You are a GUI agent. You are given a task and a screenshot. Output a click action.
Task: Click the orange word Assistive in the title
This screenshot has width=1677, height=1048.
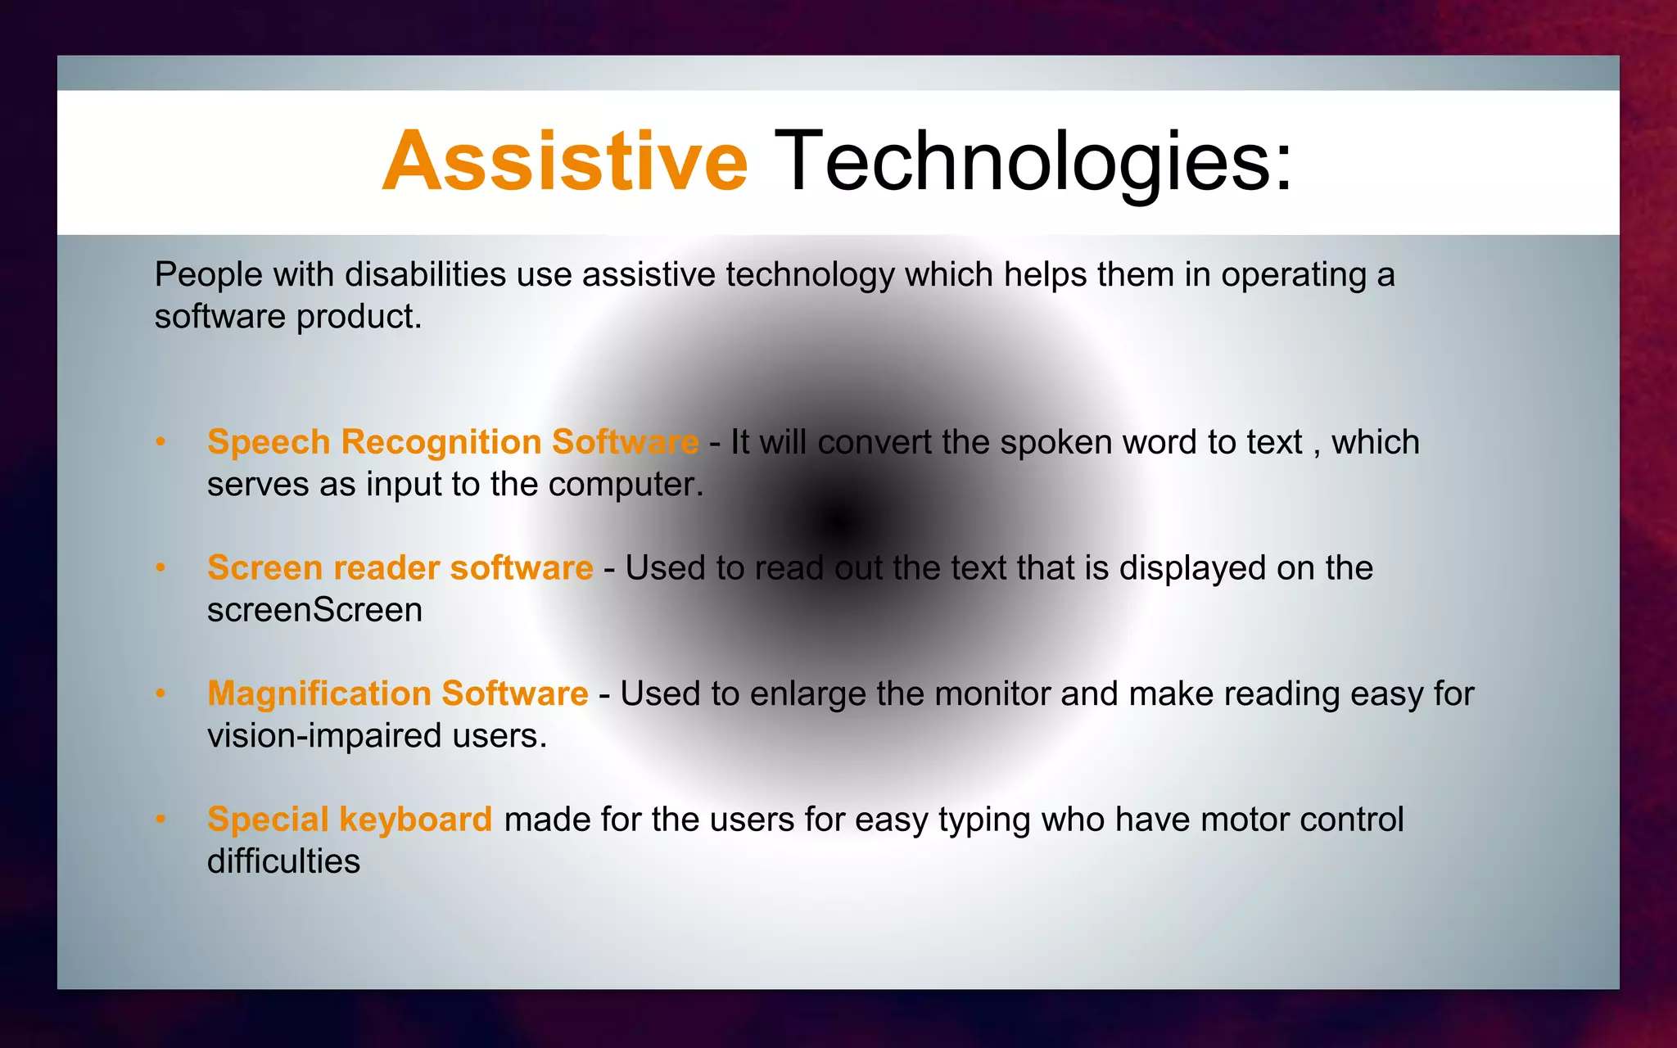click(x=565, y=161)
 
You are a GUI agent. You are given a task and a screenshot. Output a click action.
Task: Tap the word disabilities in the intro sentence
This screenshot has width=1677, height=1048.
click(x=425, y=274)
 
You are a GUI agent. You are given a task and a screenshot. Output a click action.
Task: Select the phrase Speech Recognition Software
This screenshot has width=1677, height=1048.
click(x=453, y=442)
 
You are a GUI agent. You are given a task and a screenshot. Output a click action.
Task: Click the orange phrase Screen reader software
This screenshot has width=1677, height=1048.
click(x=400, y=568)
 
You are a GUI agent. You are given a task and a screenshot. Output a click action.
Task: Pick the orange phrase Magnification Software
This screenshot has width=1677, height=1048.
click(x=397, y=693)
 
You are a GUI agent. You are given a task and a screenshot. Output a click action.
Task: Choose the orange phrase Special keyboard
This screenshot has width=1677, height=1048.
click(x=350, y=820)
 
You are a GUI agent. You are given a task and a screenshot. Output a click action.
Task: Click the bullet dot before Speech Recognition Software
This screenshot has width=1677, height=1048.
click(x=161, y=442)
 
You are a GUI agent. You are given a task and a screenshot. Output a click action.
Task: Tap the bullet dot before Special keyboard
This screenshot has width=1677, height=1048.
click(x=161, y=820)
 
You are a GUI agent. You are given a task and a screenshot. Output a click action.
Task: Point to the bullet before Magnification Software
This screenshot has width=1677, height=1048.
click(x=161, y=693)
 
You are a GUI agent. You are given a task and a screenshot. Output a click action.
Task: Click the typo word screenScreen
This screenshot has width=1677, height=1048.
click(x=314, y=611)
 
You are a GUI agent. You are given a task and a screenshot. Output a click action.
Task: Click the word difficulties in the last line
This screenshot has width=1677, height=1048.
click(x=283, y=862)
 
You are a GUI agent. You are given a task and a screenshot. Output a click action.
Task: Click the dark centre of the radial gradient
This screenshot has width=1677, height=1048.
click(x=838, y=522)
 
